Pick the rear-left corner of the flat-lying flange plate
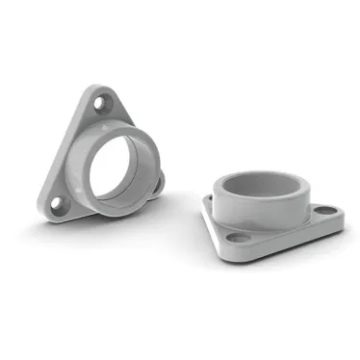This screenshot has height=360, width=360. (207, 199)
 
